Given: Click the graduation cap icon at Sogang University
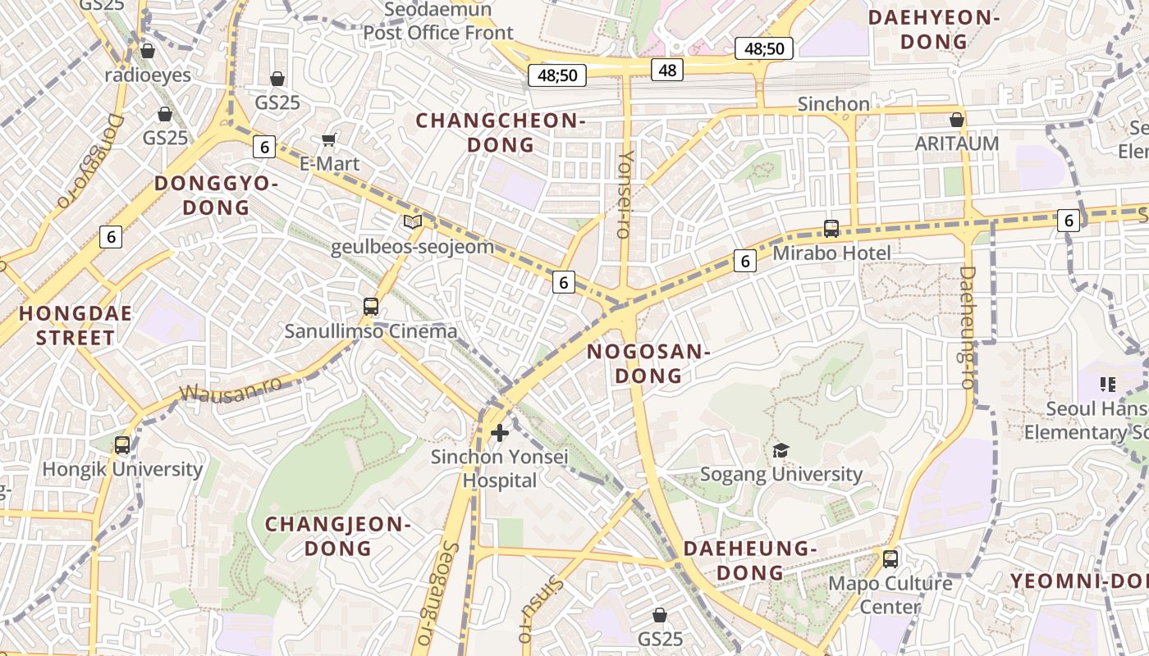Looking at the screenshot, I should point(780,449).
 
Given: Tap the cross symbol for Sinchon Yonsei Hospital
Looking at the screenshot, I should point(499,432).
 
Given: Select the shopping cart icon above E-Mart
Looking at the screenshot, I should point(329,139).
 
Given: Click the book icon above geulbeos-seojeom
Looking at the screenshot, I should point(412,221).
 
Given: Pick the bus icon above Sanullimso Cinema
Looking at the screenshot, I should point(371,307).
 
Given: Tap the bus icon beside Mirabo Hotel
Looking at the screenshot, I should point(831,229).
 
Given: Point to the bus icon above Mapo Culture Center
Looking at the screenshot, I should point(890,559).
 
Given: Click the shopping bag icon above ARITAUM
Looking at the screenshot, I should point(956,120).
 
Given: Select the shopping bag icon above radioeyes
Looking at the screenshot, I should point(148,51).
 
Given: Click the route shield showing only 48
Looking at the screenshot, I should point(667,71).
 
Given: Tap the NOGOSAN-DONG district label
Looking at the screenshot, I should point(648,363).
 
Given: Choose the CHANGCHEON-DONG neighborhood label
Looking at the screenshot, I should point(500,133).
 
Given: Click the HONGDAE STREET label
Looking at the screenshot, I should point(76,325).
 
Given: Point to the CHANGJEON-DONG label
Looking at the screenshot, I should point(337,535).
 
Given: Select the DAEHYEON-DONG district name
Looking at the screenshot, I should point(934,30).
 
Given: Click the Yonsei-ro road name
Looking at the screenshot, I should point(625,194).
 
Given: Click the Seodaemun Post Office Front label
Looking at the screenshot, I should point(438,21).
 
